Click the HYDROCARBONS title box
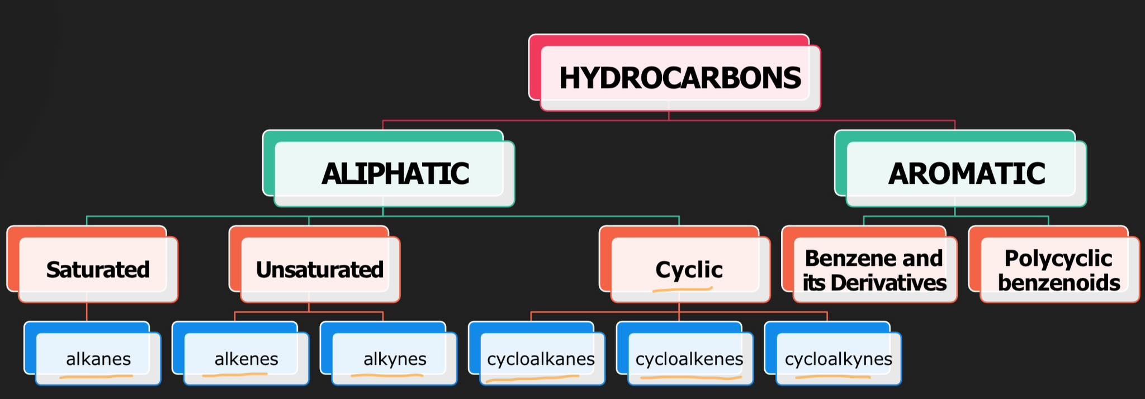click(679, 77)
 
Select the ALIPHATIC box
click(395, 173)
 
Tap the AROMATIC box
click(966, 173)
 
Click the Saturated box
click(98, 269)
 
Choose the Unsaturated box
click(320, 269)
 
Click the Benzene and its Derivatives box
click(874, 270)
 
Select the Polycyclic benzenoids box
click(1059, 270)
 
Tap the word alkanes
click(98, 359)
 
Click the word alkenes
click(247, 359)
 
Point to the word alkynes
click(395, 359)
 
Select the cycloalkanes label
click(541, 359)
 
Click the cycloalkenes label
click(689, 359)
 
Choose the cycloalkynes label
click(838, 359)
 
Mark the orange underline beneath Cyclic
click(682, 289)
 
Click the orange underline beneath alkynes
click(387, 376)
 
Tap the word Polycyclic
click(1058, 258)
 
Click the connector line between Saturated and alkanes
click(87, 311)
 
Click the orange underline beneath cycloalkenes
click(690, 378)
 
